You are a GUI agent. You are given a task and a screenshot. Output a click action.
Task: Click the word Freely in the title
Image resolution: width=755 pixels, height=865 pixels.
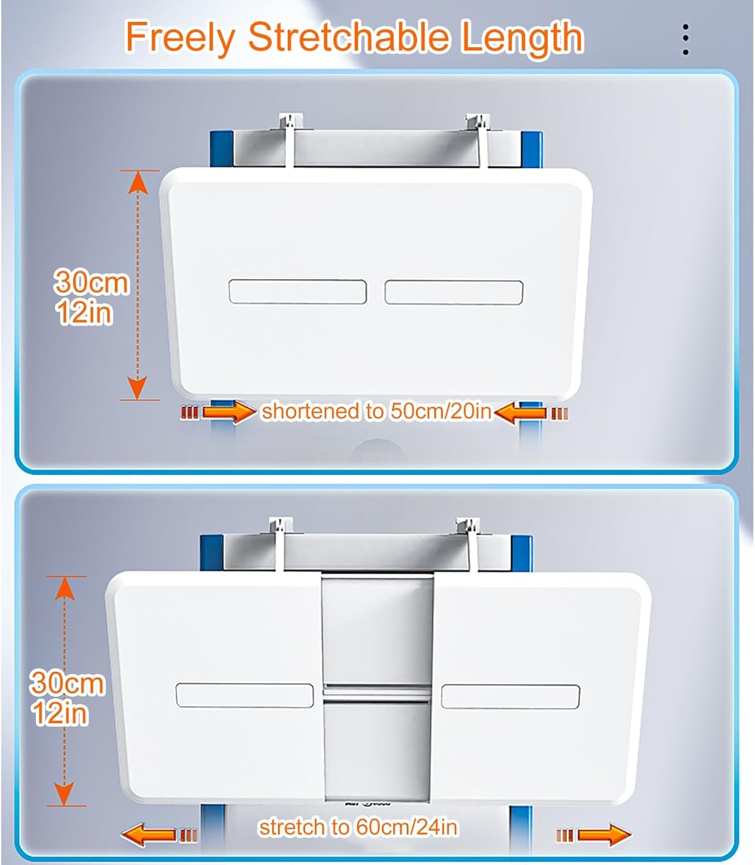point(179,38)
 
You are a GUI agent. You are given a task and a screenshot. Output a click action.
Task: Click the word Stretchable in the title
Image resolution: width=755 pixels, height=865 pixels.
point(348,38)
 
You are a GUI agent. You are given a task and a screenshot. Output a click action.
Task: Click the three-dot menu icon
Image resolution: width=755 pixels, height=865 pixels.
point(685,40)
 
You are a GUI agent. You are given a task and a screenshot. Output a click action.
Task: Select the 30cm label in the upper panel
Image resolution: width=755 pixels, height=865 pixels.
point(91,282)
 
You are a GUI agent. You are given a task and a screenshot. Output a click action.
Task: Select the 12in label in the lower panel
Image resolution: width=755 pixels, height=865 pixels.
point(61,713)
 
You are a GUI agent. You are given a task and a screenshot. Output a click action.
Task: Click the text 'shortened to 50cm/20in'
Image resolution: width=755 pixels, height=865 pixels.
point(376,411)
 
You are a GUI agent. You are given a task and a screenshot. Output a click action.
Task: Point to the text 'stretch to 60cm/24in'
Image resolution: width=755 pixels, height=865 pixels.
point(358,827)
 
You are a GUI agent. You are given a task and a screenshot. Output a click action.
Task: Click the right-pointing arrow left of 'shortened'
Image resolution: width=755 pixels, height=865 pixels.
point(228,412)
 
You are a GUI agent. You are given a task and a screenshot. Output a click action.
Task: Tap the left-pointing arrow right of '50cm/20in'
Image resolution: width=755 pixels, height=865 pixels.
point(521,412)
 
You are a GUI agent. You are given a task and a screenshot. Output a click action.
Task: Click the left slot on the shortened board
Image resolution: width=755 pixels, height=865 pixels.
point(298,292)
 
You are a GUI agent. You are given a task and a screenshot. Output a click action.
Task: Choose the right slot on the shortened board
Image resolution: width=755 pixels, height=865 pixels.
point(454,292)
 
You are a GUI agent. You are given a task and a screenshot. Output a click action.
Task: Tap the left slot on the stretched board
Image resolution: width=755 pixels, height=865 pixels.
point(245,695)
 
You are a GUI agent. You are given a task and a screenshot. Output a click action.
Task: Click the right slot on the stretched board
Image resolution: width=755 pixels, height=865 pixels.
point(510,696)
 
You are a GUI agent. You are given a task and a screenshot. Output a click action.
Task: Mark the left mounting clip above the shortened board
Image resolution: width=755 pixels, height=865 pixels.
point(287,138)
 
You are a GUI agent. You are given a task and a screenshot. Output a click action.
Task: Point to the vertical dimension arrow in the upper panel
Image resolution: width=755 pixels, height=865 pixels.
point(137,285)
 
